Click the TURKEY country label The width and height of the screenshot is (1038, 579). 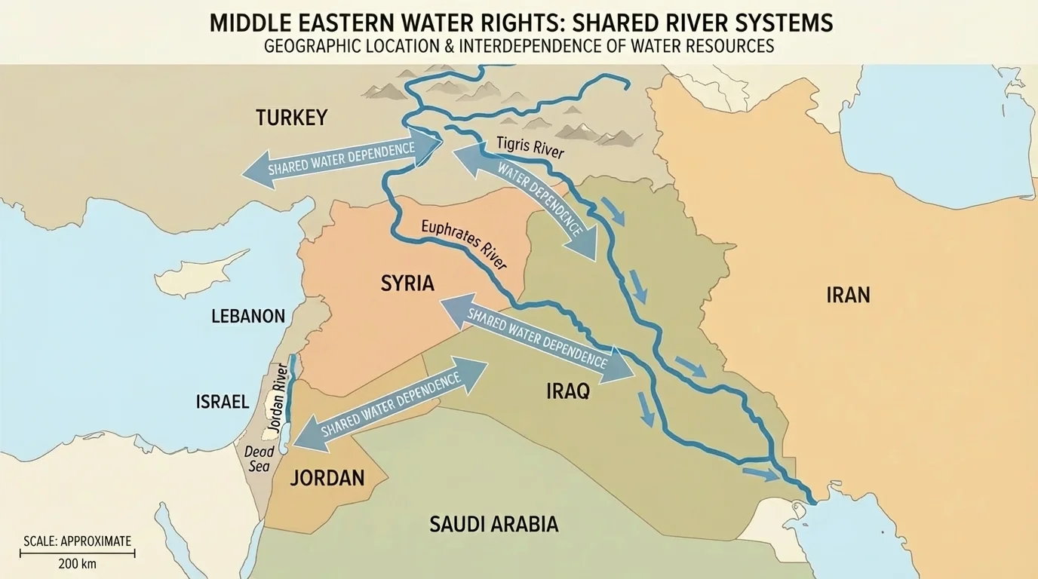[x=291, y=118]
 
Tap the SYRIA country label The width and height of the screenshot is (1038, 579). [x=407, y=283]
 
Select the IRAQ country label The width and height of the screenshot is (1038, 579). [x=567, y=391]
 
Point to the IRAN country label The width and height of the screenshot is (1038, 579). [x=848, y=294]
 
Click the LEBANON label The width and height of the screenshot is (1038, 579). [x=248, y=316]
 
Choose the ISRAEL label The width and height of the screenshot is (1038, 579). [x=223, y=402]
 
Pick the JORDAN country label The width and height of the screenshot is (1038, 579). [x=327, y=477]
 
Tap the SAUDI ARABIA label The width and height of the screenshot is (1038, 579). [x=493, y=524]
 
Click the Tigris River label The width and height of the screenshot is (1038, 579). [x=530, y=147]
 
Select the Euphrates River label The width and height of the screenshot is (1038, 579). [x=463, y=244]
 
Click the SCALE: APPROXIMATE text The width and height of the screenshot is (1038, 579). [x=77, y=541]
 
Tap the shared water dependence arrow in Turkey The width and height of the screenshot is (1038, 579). [x=341, y=157]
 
